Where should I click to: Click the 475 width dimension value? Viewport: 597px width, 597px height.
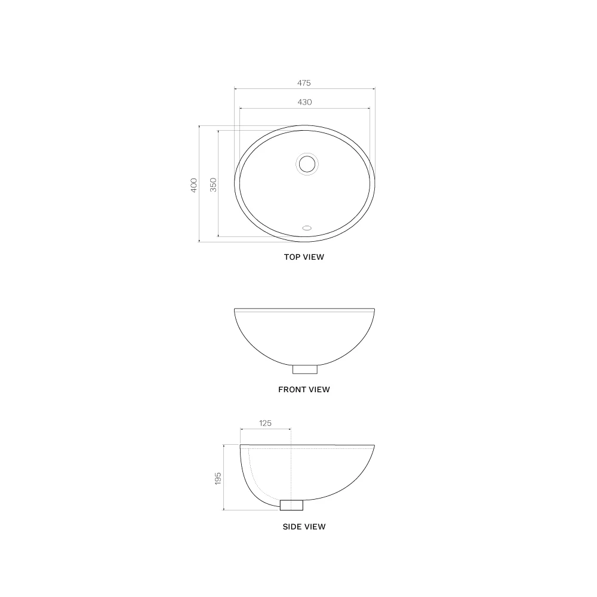pyautogui.click(x=304, y=83)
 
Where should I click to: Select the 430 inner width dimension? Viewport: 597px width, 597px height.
pyautogui.click(x=304, y=102)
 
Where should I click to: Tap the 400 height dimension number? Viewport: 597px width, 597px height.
pyautogui.click(x=193, y=184)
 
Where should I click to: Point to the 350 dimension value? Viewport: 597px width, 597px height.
pyautogui.click(x=213, y=184)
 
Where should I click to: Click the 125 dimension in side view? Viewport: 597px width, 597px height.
pyautogui.click(x=265, y=423)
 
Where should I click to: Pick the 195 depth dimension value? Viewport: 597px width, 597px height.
pyautogui.click(x=218, y=478)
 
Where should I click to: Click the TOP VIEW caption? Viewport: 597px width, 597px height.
pyautogui.click(x=304, y=257)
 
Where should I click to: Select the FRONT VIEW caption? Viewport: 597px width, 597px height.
pyautogui.click(x=304, y=390)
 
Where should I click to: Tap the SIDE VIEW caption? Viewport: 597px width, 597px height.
pyautogui.click(x=304, y=527)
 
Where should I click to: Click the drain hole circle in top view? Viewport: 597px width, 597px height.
pyautogui.click(x=307, y=162)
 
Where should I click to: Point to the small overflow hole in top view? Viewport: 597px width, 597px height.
pyautogui.click(x=307, y=227)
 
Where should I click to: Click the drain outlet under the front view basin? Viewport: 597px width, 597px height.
pyautogui.click(x=304, y=368)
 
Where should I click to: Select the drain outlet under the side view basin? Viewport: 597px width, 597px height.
pyautogui.click(x=291, y=505)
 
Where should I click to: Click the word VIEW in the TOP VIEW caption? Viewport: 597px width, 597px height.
pyautogui.click(x=313, y=257)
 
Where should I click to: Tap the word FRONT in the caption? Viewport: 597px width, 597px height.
pyautogui.click(x=292, y=390)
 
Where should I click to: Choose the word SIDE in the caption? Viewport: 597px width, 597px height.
pyautogui.click(x=293, y=527)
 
